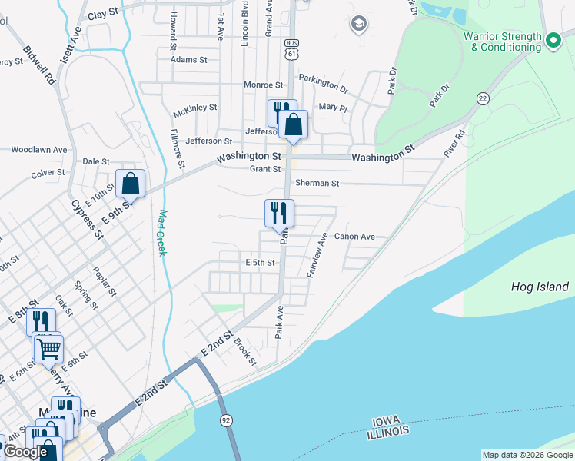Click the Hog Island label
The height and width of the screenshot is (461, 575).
coord(540,287)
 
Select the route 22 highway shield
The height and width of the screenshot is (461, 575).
coord(483,98)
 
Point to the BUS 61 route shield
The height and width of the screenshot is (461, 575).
coord(291,49)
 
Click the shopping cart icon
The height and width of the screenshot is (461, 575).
coord(48,348)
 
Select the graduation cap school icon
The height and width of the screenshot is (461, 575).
coord(357,25)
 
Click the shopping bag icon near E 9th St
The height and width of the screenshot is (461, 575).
coord(131,184)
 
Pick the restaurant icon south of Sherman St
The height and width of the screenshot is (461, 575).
coord(279,213)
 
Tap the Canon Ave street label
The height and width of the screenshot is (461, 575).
coord(354,237)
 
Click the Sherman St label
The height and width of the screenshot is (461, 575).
coord(317,184)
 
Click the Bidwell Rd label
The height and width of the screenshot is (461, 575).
coord(40,64)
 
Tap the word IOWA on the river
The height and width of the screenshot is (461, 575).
coord(387,423)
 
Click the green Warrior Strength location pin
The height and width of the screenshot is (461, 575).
coord(552,39)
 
